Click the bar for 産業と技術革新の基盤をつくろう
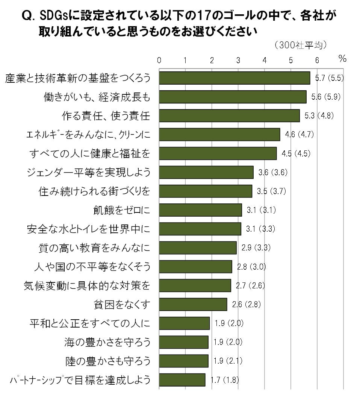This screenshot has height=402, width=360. (234, 78)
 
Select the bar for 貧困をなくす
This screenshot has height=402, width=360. (193, 304)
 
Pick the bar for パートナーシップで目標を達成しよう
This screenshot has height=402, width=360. (182, 380)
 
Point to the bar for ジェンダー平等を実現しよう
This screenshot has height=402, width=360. (206, 173)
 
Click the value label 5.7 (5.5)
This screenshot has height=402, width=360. (329, 78)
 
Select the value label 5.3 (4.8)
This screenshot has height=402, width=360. (319, 116)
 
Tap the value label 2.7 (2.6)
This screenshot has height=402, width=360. (250, 285)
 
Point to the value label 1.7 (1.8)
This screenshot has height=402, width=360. (224, 380)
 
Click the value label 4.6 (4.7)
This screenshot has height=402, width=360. (299, 135)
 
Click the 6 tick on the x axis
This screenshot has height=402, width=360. (317, 60)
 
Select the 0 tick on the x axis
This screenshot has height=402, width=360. (159, 60)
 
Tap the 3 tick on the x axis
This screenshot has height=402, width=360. (238, 60)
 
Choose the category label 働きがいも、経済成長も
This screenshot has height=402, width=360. (97, 97)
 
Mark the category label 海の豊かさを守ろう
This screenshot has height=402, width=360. (107, 342)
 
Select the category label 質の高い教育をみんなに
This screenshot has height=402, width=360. (94, 248)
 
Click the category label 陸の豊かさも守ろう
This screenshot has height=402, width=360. (107, 361)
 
